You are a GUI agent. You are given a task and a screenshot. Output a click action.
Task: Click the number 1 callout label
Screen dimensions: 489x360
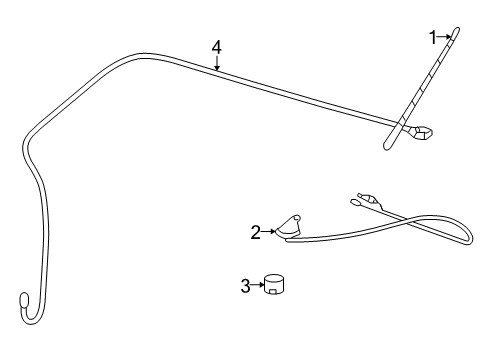tap(433, 37)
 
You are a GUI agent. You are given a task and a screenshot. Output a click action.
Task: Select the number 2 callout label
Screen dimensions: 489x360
tap(256, 232)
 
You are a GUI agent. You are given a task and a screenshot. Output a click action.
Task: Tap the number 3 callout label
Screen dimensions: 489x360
tap(245, 286)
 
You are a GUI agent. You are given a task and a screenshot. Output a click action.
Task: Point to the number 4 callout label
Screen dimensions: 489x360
tap(216, 46)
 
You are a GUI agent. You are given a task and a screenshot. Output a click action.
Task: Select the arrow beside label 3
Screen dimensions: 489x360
tap(258, 286)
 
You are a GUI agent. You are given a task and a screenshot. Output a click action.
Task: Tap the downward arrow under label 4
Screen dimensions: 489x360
tap(216, 63)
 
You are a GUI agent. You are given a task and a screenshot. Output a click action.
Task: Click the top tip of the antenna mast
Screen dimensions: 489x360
tap(457, 29)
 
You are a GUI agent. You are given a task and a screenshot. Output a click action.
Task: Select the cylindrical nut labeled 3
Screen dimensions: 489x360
tap(275, 284)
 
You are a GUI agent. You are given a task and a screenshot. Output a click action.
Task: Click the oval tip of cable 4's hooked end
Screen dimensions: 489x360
tap(25, 297)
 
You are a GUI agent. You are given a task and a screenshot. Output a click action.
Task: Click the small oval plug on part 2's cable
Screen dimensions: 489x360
tap(356, 207)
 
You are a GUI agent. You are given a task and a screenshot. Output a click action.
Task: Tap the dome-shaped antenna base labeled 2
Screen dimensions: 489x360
tap(290, 230)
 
